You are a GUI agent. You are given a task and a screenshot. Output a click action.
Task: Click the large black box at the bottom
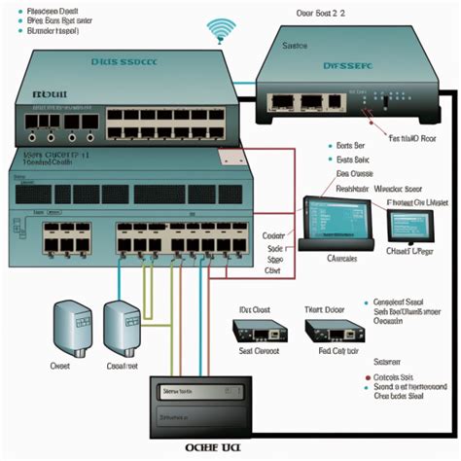[202, 406]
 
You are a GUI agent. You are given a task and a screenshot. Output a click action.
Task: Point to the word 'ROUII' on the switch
[46, 94]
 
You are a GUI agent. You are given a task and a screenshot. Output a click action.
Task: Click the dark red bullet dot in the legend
[368, 376]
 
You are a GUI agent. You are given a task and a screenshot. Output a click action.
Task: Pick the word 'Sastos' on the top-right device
[294, 46]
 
